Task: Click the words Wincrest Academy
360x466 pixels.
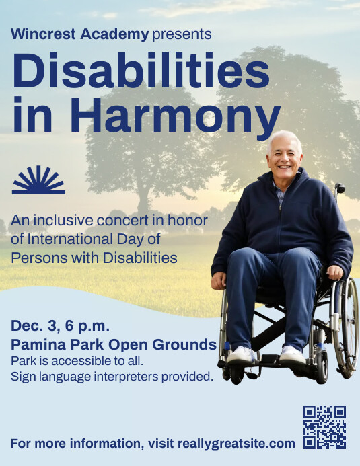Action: [79, 34]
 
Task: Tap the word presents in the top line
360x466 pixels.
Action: [182, 34]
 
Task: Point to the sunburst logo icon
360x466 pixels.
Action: [38, 180]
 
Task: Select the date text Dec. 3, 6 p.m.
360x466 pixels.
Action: [60, 327]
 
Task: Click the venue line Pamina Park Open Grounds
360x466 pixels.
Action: [113, 345]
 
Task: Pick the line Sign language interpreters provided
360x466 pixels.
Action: [112, 377]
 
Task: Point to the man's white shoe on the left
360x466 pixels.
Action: [242, 354]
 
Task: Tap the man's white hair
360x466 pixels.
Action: [283, 138]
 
